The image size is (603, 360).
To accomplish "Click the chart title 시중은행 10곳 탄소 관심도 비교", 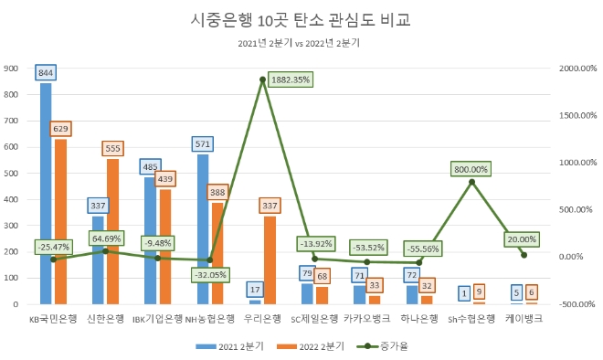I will click(301, 19).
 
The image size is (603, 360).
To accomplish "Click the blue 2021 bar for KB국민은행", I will click(46, 192).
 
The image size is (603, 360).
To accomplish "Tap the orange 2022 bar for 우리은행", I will click(270, 259).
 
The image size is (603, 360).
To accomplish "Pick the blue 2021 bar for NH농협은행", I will click(203, 228).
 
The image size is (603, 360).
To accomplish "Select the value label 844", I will click(46, 72).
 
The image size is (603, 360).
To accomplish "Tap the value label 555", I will click(113, 148).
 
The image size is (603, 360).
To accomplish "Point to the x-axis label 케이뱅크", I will click(524, 319).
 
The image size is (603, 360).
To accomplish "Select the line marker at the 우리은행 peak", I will click(262, 79).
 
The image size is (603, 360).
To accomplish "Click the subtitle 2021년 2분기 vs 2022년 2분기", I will click(301, 43).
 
